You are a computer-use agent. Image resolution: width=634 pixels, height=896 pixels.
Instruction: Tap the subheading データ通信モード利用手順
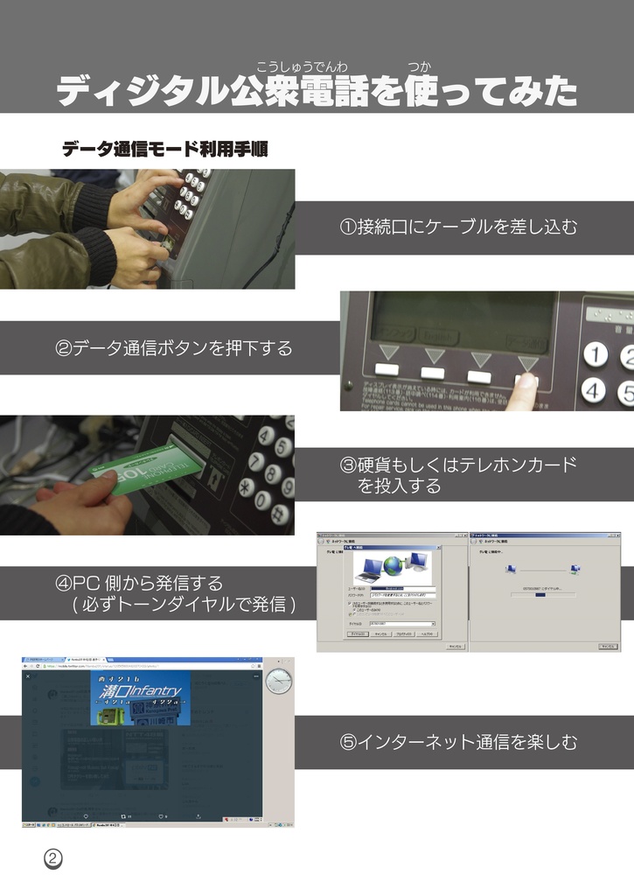click(164, 150)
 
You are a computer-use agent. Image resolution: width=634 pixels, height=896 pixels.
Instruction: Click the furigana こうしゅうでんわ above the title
click(302, 66)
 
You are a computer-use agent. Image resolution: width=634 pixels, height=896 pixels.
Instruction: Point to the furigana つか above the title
click(418, 66)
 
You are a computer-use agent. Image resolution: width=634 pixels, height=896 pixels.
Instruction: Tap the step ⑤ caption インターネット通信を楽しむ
click(458, 743)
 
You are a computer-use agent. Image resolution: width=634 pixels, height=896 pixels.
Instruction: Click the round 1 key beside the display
click(596, 354)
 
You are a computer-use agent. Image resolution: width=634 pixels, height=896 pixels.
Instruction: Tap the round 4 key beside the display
click(596, 389)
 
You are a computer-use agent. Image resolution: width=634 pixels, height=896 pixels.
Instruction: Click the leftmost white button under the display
click(387, 373)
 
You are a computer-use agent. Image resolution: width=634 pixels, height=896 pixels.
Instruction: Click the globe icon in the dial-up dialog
click(391, 565)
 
